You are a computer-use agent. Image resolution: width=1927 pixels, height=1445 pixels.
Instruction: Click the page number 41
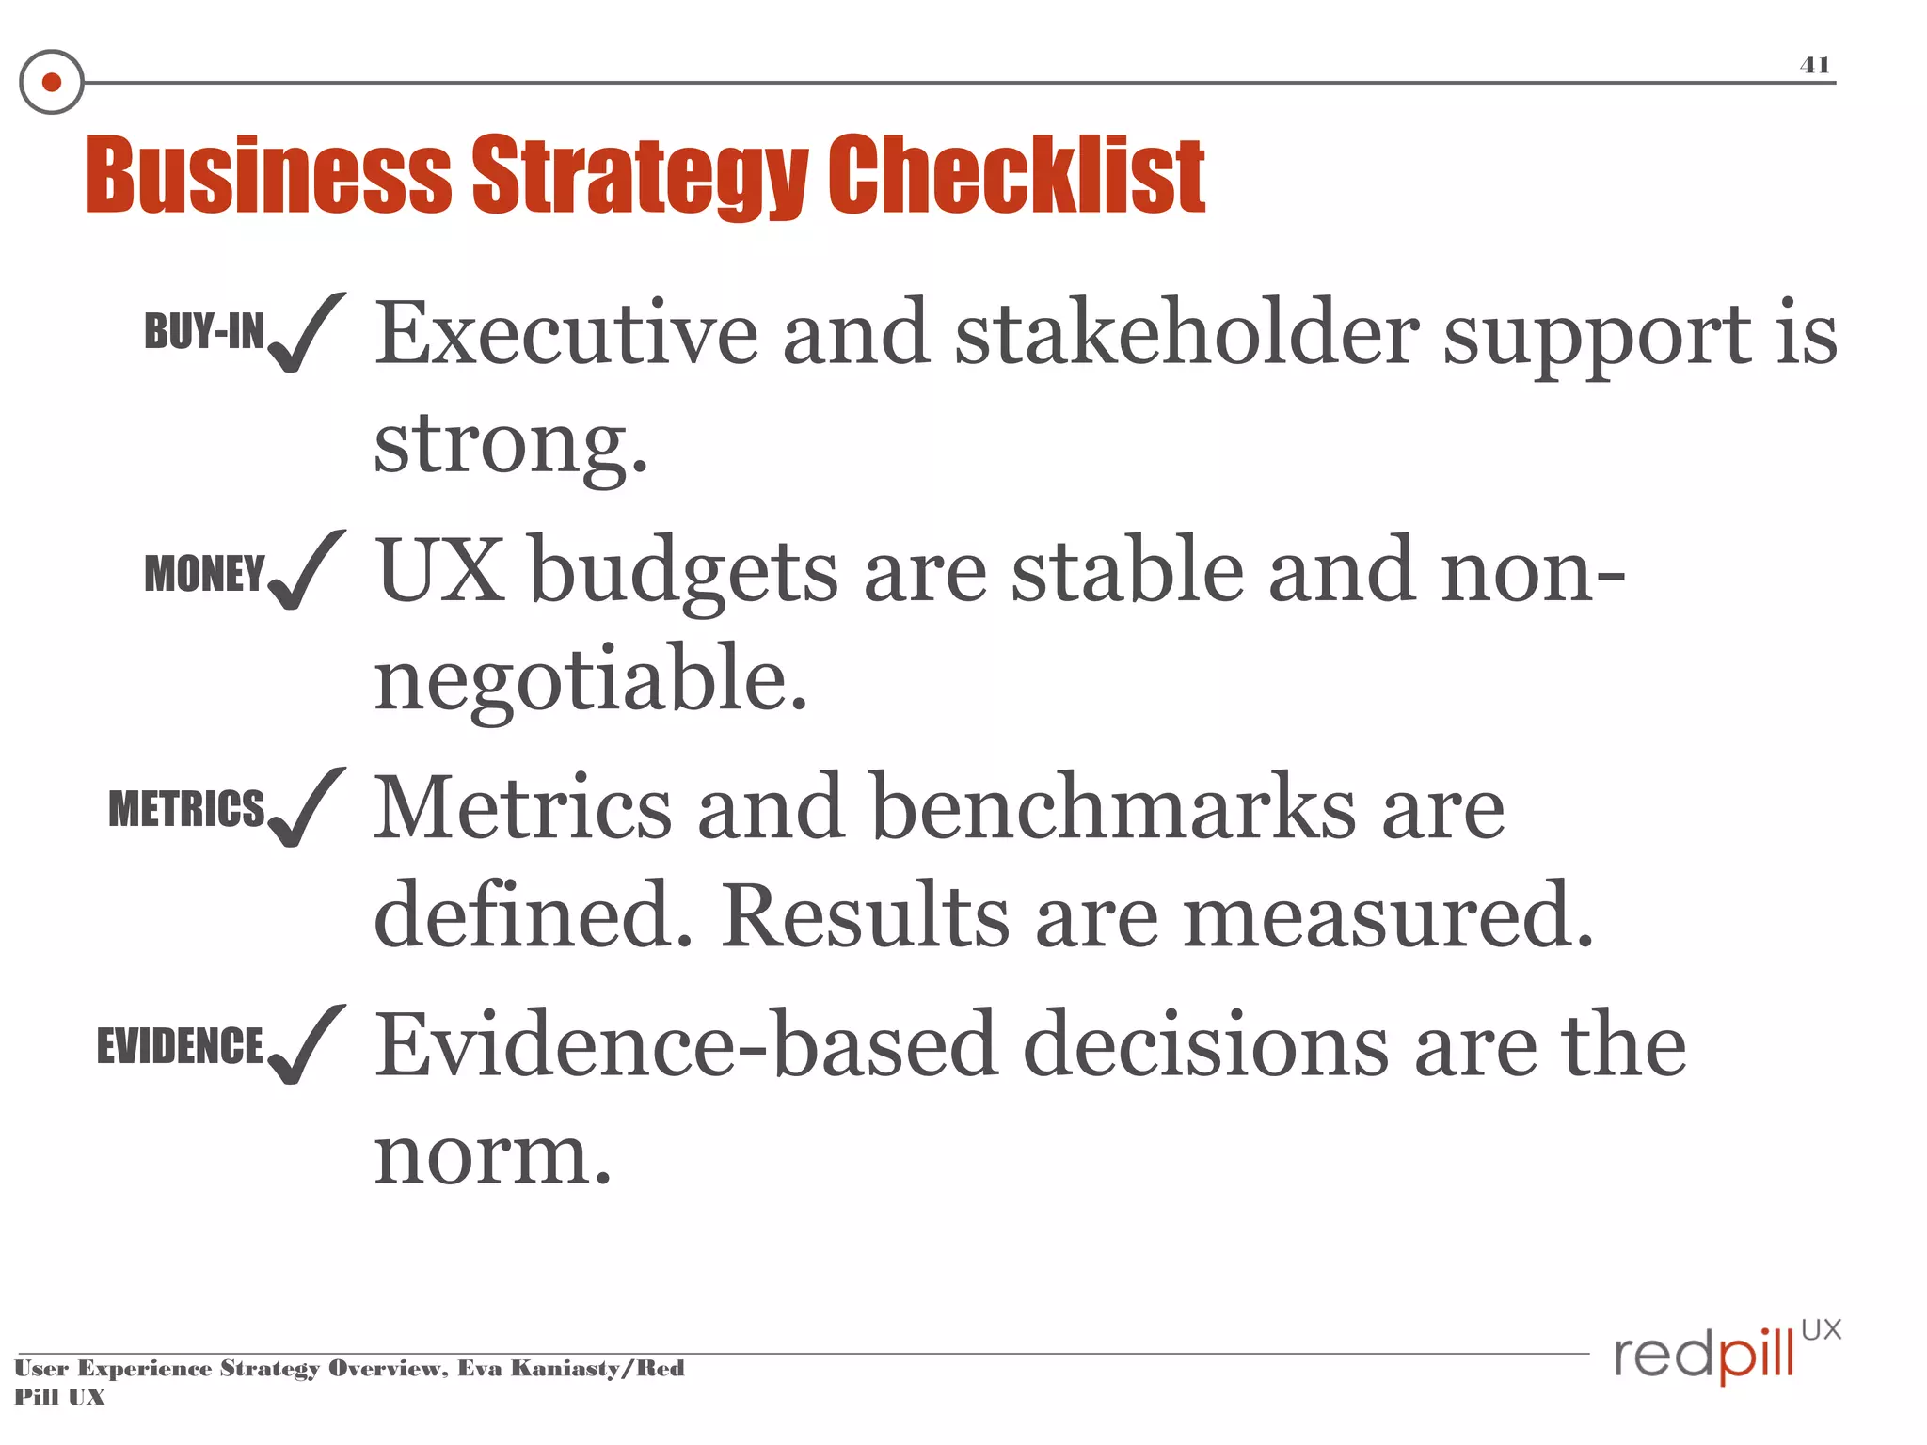(x=1814, y=65)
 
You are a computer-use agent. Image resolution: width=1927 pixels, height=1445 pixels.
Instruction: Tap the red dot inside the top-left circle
(x=52, y=83)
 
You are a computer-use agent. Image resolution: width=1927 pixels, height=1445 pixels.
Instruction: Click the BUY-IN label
(x=204, y=331)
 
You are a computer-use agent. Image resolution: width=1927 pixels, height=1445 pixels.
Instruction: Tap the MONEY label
(x=204, y=574)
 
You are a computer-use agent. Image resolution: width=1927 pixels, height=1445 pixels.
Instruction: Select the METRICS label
(x=186, y=809)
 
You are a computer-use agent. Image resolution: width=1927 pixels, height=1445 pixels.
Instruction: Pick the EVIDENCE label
(x=180, y=1046)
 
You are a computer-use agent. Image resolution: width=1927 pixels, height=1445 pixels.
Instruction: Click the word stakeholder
(x=1186, y=334)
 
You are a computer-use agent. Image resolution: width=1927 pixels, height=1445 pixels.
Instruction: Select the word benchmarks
(x=1112, y=808)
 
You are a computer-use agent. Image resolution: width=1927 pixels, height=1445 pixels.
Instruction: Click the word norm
(x=491, y=1157)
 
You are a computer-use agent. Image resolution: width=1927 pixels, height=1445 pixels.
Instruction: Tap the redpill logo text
(x=1703, y=1356)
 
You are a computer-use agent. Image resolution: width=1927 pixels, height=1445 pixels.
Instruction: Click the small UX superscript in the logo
(x=1821, y=1329)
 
